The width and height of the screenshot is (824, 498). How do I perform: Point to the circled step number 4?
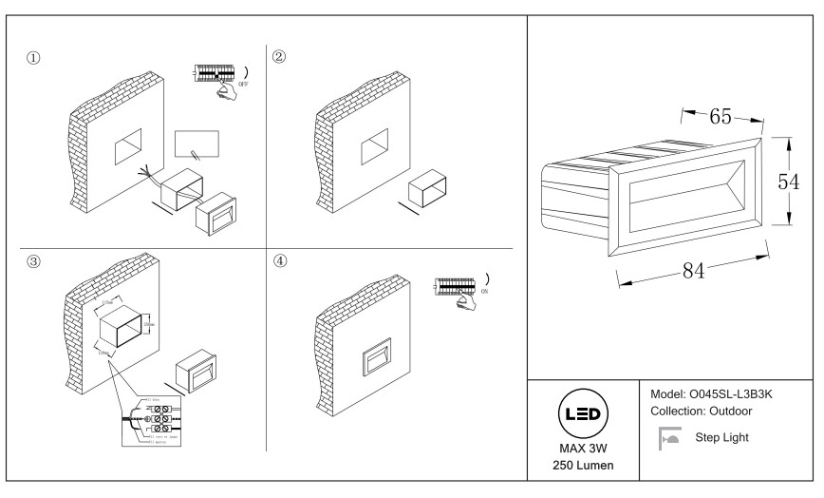pyautogui.click(x=279, y=262)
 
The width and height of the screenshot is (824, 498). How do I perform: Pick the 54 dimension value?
pyautogui.click(x=788, y=182)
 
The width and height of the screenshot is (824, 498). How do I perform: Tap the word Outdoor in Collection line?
pyautogui.click(x=750, y=411)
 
